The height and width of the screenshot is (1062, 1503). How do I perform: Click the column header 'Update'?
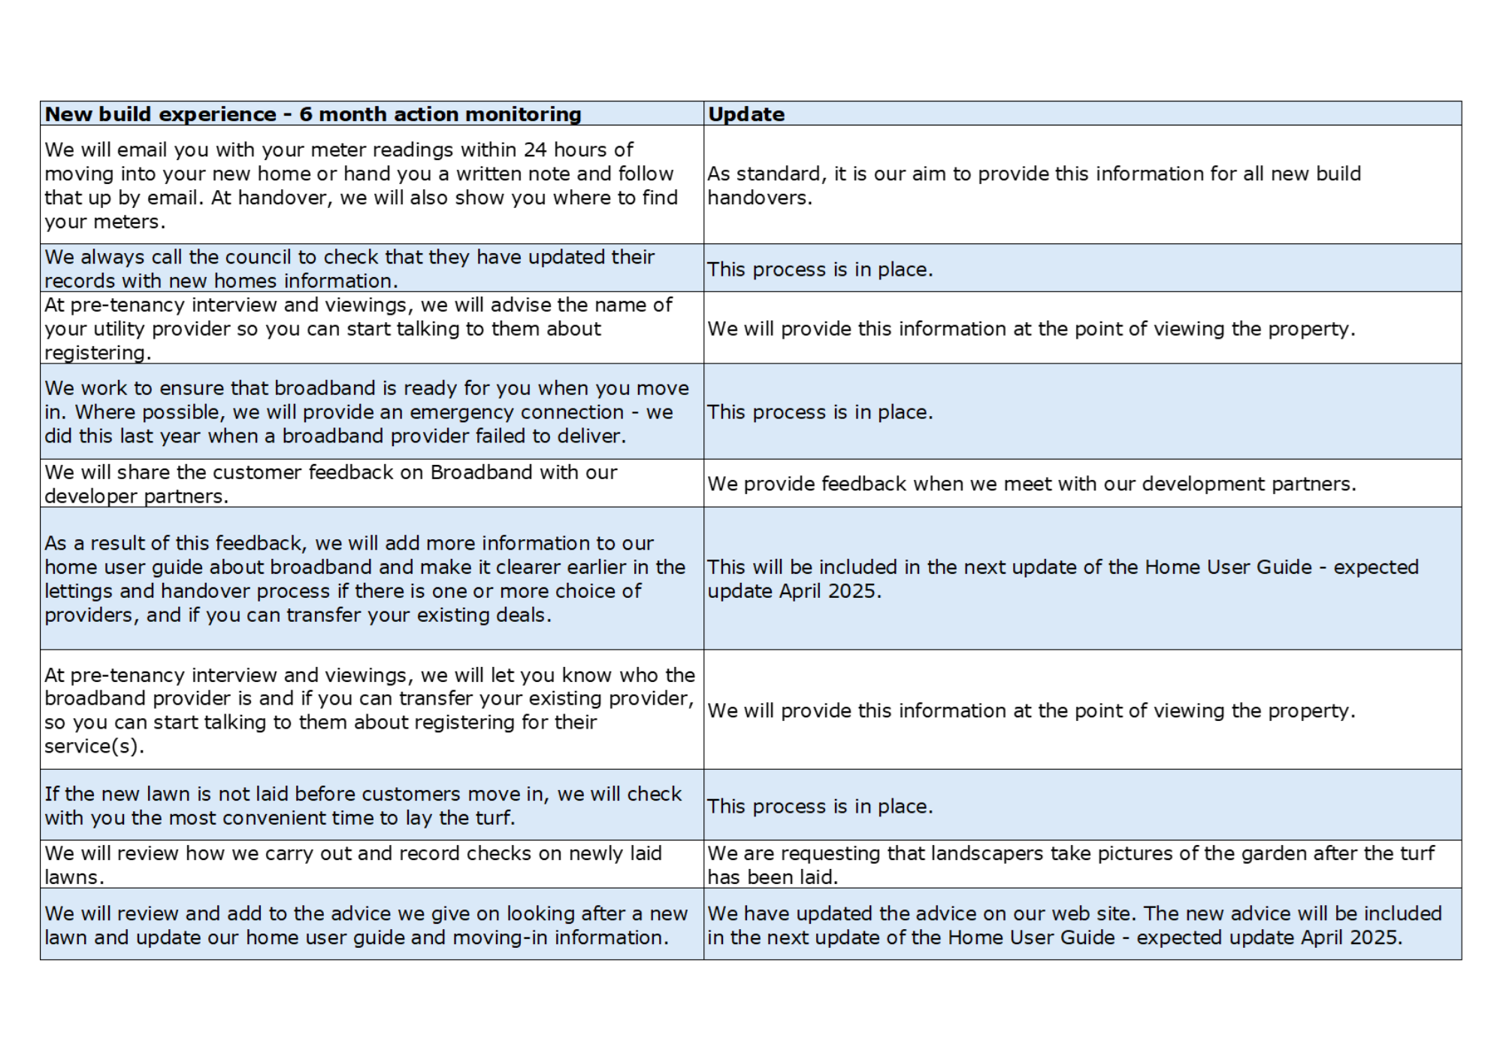coord(745,114)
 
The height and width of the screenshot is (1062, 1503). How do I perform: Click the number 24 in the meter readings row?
coord(535,150)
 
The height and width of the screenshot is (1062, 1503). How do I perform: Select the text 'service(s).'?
coord(94,747)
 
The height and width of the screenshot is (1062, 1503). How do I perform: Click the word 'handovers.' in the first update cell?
coord(760,198)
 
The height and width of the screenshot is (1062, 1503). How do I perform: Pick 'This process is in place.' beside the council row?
coord(820,270)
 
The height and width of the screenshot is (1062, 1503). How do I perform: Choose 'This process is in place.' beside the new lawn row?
coord(820,807)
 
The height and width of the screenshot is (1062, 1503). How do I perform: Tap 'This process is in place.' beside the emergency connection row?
coord(820,412)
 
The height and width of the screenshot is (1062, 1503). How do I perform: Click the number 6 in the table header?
coord(306,114)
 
